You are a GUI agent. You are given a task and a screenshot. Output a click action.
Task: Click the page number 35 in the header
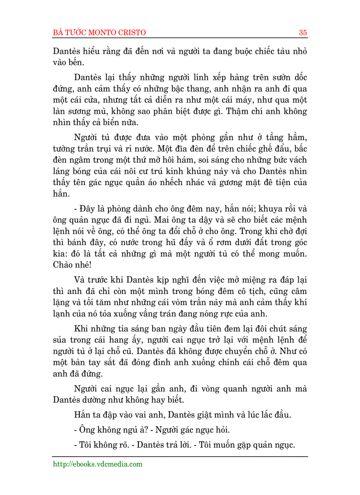[x=303, y=33]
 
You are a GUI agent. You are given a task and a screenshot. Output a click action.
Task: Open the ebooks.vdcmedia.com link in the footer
[x=97, y=464]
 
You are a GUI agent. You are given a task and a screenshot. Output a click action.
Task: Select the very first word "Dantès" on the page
[x=67, y=51]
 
